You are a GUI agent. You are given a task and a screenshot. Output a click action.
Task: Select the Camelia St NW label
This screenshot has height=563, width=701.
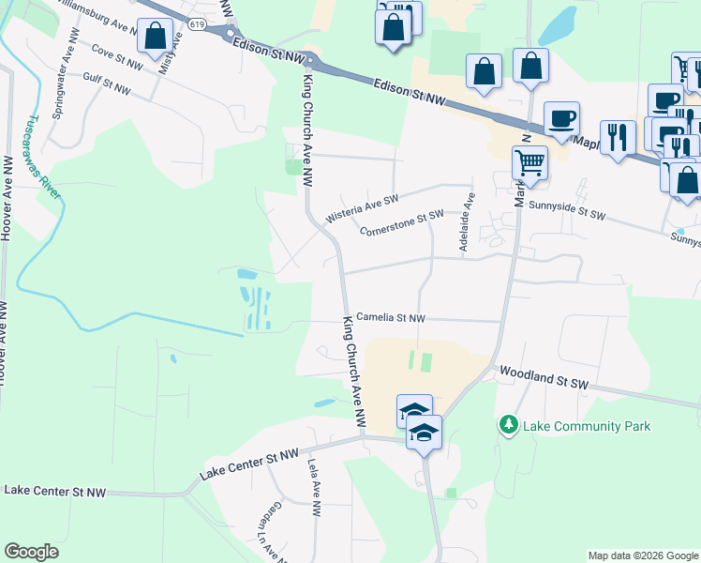tap(392, 319)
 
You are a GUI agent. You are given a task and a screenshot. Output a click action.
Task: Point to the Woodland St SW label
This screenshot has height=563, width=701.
tap(542, 376)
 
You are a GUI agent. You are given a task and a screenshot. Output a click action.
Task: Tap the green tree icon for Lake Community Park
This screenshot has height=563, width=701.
tap(509, 425)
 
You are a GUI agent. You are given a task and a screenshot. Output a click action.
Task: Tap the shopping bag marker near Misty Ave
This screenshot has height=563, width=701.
tap(154, 37)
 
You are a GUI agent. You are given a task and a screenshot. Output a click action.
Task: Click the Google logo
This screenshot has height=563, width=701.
tap(32, 552)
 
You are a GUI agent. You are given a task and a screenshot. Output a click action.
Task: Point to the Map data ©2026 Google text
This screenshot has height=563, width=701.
tap(642, 555)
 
